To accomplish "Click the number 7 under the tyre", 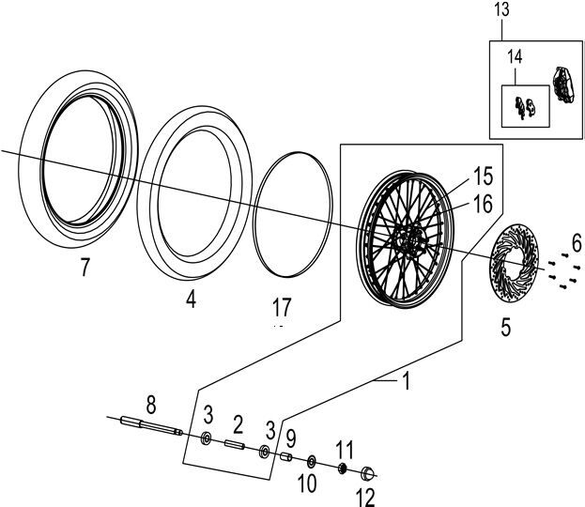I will coord(85,269).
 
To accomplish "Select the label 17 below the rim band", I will coord(282,306).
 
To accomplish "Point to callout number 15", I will coord(483,175).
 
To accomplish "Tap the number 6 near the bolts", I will coord(576,242).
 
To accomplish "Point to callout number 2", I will coord(238,422).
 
